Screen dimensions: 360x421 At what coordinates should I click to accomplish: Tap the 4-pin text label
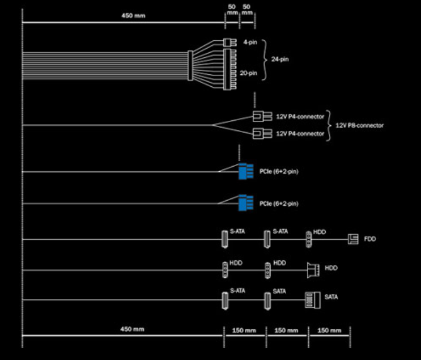tap(250, 42)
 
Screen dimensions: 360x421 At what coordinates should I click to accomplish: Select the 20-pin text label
tap(249, 73)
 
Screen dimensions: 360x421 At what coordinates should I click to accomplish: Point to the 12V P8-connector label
tap(359, 125)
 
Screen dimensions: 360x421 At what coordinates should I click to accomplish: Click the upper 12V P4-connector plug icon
tap(258, 116)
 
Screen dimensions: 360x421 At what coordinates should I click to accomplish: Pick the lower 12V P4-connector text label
tap(300, 134)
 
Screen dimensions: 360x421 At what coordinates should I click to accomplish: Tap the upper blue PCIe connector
tap(245, 171)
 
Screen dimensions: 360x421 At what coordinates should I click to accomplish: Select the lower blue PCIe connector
tap(245, 203)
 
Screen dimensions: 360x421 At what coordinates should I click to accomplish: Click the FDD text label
tap(369, 239)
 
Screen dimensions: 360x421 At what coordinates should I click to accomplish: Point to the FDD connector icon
tap(354, 239)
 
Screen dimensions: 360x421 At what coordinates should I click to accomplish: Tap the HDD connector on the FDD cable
tap(309, 239)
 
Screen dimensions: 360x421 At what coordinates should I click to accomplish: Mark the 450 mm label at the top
tap(133, 15)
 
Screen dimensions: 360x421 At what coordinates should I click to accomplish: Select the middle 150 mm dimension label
tap(286, 331)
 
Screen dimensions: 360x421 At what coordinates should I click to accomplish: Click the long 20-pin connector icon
tap(230, 69)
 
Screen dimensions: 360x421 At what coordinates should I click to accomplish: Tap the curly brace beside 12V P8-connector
tap(329, 125)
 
